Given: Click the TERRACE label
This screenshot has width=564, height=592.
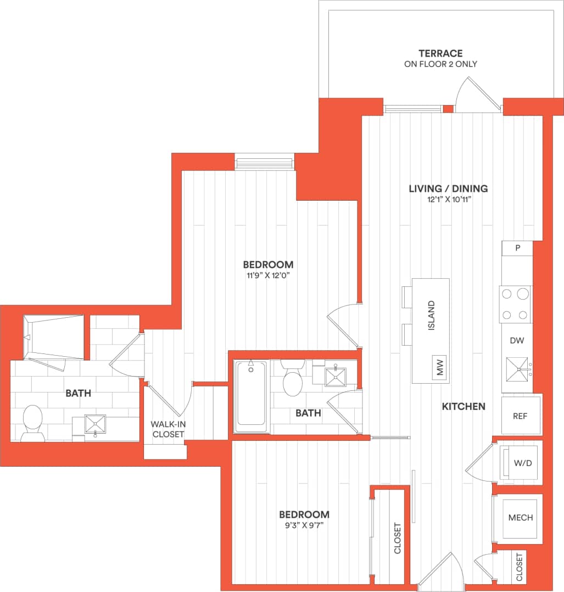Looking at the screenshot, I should click(x=440, y=53).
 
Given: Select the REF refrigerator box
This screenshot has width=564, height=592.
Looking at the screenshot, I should click(x=520, y=416).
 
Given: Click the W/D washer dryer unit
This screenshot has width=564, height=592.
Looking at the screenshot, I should click(x=522, y=463).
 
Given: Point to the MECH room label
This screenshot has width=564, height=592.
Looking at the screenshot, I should click(x=520, y=518).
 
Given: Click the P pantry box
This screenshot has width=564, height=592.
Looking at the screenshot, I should click(x=517, y=248).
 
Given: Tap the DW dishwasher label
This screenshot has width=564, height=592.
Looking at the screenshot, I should click(x=517, y=341).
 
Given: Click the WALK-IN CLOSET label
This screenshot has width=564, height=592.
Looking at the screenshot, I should click(x=167, y=429).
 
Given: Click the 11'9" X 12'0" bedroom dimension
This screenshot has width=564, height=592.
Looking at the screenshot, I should click(x=269, y=275).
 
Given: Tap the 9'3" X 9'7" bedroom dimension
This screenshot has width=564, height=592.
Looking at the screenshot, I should click(x=304, y=525).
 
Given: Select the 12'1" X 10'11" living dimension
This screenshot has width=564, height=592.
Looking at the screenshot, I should click(x=448, y=200).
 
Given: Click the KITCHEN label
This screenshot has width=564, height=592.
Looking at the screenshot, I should click(x=464, y=406).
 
